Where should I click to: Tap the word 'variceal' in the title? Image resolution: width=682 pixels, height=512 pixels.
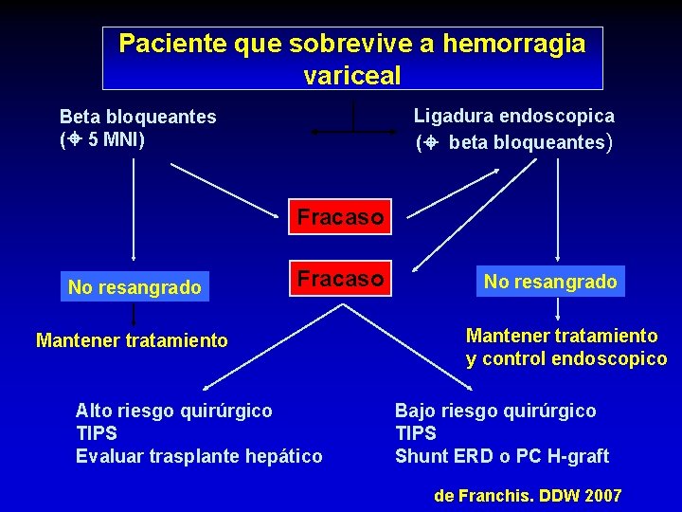click(x=352, y=75)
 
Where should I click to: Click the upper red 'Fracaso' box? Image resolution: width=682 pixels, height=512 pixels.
click(x=340, y=217)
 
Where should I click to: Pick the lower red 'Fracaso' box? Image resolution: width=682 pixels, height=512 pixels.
click(x=340, y=279)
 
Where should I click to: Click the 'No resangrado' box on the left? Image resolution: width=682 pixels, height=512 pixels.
click(x=135, y=287)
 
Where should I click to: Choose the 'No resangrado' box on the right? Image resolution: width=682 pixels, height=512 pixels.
click(x=550, y=281)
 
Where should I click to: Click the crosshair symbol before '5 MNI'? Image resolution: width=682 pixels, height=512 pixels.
click(x=73, y=140)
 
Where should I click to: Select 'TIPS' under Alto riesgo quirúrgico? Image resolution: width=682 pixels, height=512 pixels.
click(x=97, y=433)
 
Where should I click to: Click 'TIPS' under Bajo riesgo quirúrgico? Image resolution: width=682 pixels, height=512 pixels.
click(x=416, y=433)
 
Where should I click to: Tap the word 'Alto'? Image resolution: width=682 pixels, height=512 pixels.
click(x=95, y=411)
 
